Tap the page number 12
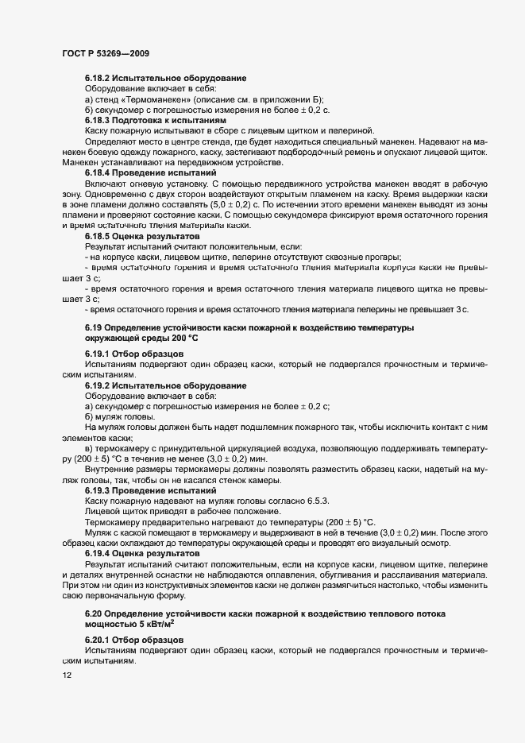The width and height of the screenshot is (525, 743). click(x=67, y=675)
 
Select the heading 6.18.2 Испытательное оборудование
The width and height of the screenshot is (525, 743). click(x=165, y=78)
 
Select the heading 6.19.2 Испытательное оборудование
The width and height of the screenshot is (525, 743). click(x=165, y=385)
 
